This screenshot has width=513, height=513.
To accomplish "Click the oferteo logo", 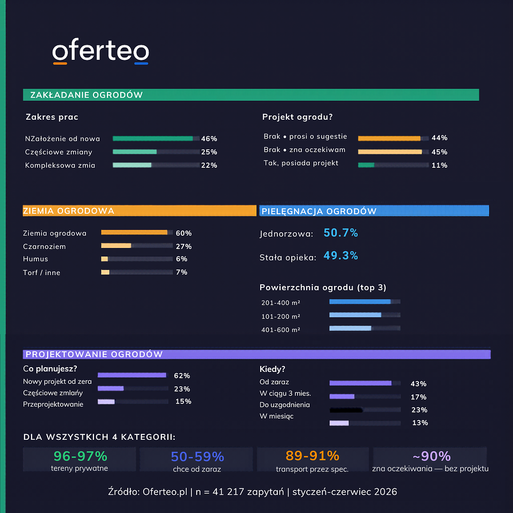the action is [x=100, y=51].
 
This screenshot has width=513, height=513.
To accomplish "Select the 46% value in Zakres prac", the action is [x=209, y=139].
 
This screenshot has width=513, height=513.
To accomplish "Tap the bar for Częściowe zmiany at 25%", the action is [x=135, y=152].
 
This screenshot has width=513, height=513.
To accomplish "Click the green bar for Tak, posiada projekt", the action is [x=366, y=165].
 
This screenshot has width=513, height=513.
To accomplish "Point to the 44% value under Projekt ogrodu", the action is [x=439, y=138].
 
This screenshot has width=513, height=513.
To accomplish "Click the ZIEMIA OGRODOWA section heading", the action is [x=69, y=211].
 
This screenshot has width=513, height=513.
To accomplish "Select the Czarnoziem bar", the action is [x=116, y=245].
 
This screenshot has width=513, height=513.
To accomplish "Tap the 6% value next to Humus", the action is [x=182, y=259].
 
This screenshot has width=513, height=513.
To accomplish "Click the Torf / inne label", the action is [x=42, y=273].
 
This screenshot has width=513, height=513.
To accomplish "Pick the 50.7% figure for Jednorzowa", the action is [x=340, y=232].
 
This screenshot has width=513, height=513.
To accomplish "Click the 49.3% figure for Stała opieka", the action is [x=340, y=255].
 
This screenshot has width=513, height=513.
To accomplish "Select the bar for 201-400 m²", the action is [x=360, y=301].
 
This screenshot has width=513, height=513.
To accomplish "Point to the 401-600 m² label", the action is [x=281, y=330].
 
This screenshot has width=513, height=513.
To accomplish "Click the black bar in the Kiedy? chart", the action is [x=346, y=410].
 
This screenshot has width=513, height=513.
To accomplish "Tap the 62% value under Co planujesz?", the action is [x=182, y=376].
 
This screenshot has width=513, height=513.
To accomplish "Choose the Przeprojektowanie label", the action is [x=53, y=405].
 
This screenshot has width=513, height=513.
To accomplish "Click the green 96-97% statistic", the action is [x=81, y=456].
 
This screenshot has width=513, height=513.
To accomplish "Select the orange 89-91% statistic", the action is [x=313, y=455].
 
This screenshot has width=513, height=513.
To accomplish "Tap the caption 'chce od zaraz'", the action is [x=197, y=469].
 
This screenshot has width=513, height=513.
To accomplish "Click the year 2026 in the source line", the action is [x=385, y=492].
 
